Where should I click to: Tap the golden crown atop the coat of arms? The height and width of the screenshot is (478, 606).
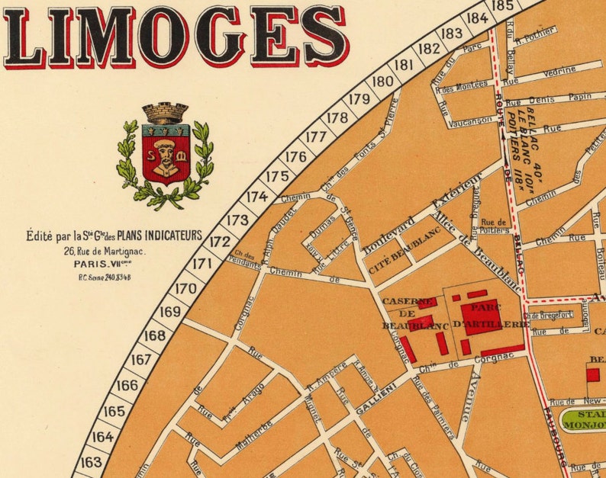coord(165,113)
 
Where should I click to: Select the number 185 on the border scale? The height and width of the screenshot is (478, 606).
coord(502,5)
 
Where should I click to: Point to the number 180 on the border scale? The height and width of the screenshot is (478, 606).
coord(383,82)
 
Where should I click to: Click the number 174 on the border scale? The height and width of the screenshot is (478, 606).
coord(257,197)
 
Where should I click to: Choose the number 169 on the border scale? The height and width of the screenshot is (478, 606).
coord(170,311)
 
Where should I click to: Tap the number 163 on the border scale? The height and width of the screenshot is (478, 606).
coord(91,462)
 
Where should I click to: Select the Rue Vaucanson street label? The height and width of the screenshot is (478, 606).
coord(466,122)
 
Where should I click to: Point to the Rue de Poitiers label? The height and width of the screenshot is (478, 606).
coord(494,226)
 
